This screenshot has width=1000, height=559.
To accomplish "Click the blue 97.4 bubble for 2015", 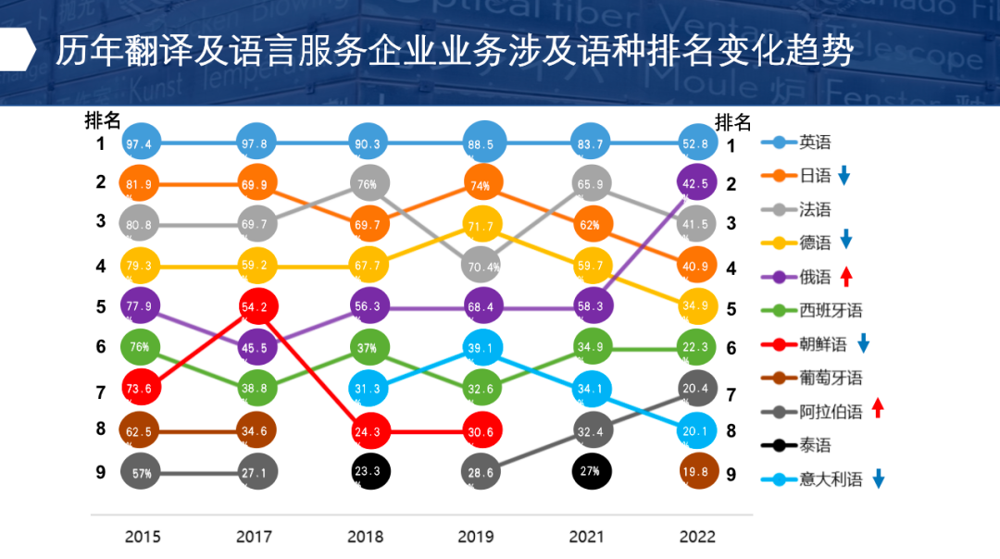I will pyautogui.click(x=141, y=143).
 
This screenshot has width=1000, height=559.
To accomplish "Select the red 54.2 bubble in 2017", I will pyautogui.click(x=256, y=307).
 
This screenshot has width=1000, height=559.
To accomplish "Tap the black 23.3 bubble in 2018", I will pyautogui.click(x=369, y=470).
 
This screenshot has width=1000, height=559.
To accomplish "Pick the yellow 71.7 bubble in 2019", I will pyautogui.click(x=481, y=226).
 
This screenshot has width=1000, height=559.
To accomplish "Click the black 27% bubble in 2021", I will pyautogui.click(x=592, y=470).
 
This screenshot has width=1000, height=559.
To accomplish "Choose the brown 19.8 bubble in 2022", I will pyautogui.click(x=698, y=470).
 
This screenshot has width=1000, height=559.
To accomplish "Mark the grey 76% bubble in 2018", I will pyautogui.click(x=369, y=184).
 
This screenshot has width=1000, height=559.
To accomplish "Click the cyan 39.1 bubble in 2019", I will pyautogui.click(x=481, y=347).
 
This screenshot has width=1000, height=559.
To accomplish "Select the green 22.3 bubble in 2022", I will pyautogui.click(x=697, y=347).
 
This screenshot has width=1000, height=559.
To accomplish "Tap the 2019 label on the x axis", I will pyautogui.click(x=478, y=537).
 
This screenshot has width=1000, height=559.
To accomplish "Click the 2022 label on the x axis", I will pyautogui.click(x=697, y=537).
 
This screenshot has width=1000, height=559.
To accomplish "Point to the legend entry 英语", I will pyautogui.click(x=816, y=143).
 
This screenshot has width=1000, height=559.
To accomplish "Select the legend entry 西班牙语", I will pyautogui.click(x=831, y=310).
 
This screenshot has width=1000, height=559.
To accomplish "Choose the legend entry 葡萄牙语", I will pyautogui.click(x=831, y=378).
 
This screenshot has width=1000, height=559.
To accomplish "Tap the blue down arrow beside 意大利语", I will pyautogui.click(x=878, y=478).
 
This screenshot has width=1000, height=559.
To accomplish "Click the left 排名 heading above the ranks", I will pyautogui.click(x=103, y=120).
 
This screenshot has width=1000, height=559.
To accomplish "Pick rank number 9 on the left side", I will pyautogui.click(x=101, y=472).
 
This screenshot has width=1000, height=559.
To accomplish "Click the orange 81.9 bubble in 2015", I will pyautogui.click(x=141, y=184).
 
